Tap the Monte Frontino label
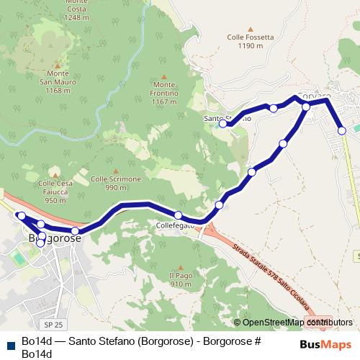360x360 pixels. [x=164, y=94]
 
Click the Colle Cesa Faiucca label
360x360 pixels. [x=55, y=192]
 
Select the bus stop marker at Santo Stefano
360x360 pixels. [x=223, y=124]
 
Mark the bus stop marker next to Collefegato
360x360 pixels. [x=178, y=215]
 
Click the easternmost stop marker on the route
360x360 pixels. [x=342, y=130]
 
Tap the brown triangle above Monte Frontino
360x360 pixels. [x=164, y=76]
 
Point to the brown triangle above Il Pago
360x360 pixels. [x=181, y=266]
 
